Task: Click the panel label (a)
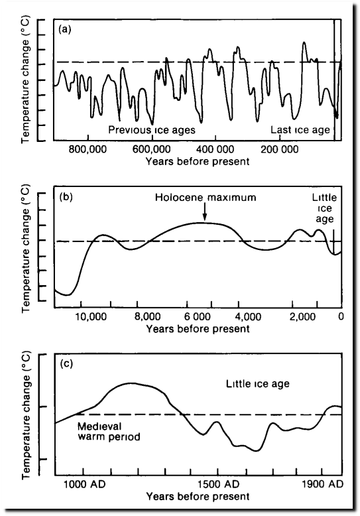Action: [65, 30]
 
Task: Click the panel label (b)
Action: [66, 197]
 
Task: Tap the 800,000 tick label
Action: [88, 149]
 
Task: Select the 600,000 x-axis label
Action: [152, 149]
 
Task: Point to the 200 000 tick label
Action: [280, 149]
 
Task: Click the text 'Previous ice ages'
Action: [152, 130]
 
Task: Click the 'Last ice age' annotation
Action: [300, 130]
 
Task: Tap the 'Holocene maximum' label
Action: [206, 197]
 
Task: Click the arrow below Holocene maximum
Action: [205, 211]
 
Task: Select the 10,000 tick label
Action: [91, 316]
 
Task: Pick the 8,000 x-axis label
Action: [148, 316]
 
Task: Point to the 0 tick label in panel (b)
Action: [341, 316]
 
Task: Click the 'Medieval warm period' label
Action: [109, 431]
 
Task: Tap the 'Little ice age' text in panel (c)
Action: [258, 384]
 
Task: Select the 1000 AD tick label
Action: [85, 484]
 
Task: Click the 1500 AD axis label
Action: [219, 484]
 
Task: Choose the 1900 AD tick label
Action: [322, 484]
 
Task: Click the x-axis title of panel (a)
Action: [198, 162]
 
